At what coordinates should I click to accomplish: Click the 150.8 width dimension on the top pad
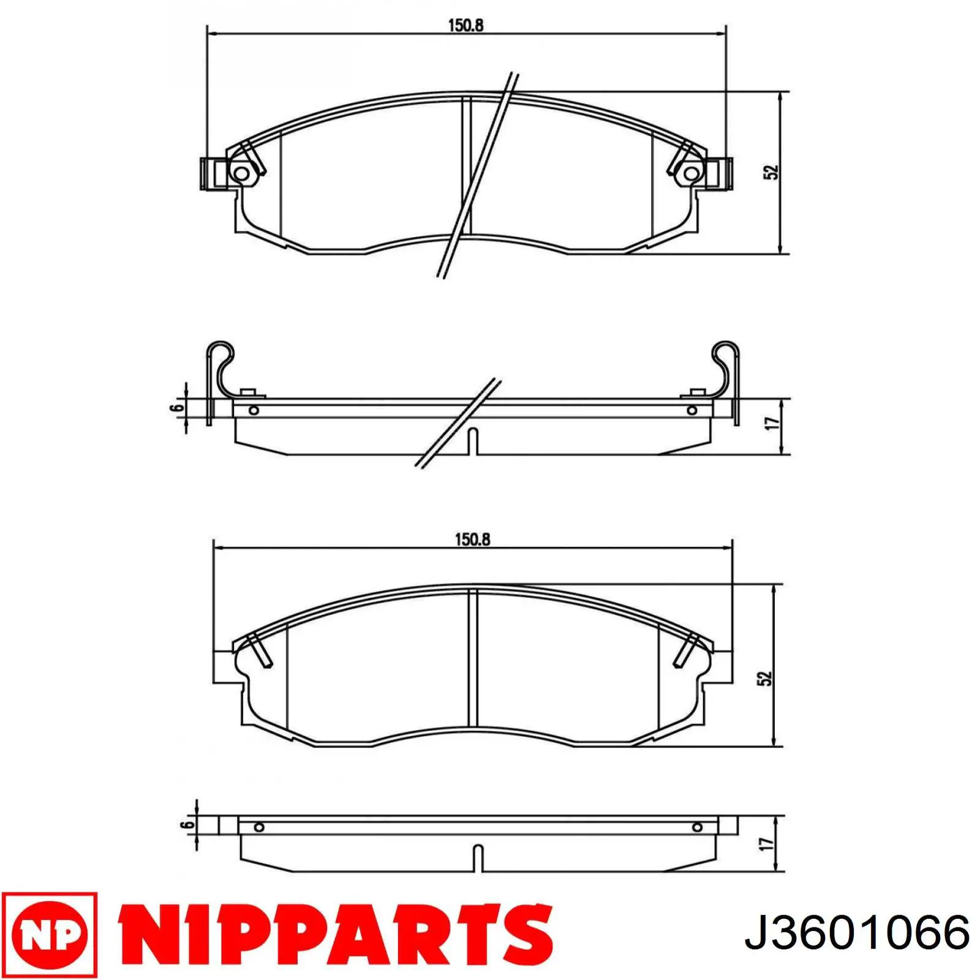click(x=466, y=25)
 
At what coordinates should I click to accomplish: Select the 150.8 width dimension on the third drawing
click(x=472, y=540)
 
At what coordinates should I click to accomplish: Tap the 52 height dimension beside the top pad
click(x=771, y=172)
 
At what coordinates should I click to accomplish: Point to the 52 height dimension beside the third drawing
click(x=765, y=678)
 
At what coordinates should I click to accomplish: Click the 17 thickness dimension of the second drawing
click(x=773, y=423)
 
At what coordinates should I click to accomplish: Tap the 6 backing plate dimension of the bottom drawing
click(x=187, y=824)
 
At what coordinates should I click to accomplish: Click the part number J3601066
click(x=857, y=933)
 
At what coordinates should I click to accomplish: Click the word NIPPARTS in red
click(x=334, y=932)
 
